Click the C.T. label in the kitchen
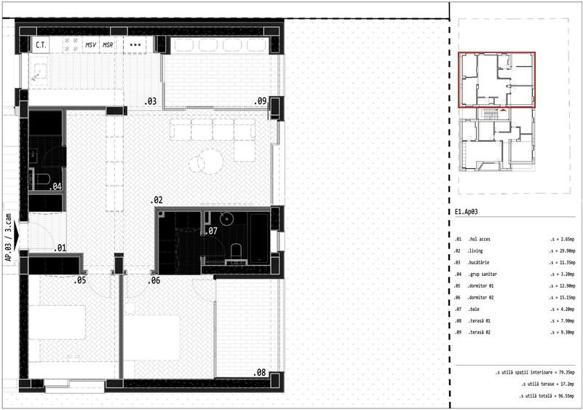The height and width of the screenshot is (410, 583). (41, 45)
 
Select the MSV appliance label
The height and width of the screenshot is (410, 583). (91, 45)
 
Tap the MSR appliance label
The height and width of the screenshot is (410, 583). (108, 45)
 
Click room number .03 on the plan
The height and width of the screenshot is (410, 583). (151, 101)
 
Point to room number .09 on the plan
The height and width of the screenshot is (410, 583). (260, 101)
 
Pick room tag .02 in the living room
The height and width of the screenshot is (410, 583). (156, 199)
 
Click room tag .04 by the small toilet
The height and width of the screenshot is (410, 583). (55, 186)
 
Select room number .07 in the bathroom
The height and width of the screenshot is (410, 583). (211, 232)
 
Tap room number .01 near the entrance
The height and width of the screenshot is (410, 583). (60, 248)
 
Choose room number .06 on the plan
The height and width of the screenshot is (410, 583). (154, 280)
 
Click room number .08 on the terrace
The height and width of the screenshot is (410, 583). (259, 372)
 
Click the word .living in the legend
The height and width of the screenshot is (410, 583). (481, 250)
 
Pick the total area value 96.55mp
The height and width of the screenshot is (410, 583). (561, 395)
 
